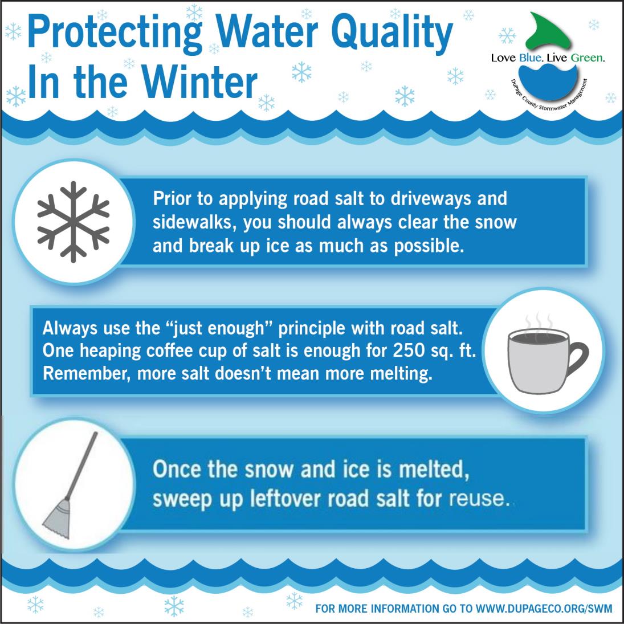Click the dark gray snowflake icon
(x=72, y=222)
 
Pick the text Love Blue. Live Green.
(x=548, y=58)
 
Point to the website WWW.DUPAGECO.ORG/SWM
(x=544, y=608)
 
